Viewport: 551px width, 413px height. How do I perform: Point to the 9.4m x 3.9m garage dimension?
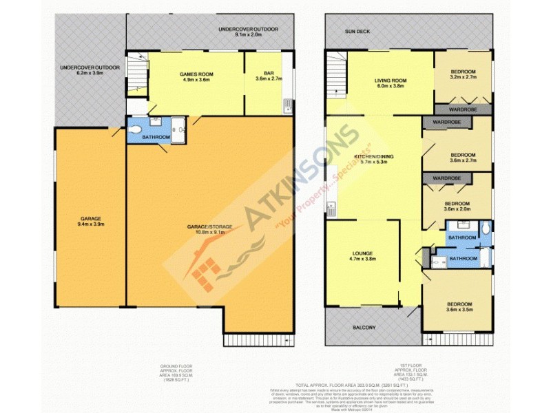[x=90, y=224]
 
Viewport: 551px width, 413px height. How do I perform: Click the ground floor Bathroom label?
[x=156, y=137]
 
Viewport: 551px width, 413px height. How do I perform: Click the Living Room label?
[x=391, y=81]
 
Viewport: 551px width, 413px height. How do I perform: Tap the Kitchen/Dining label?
[x=373, y=158]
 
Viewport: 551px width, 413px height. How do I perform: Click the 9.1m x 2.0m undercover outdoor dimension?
[x=238, y=35]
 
